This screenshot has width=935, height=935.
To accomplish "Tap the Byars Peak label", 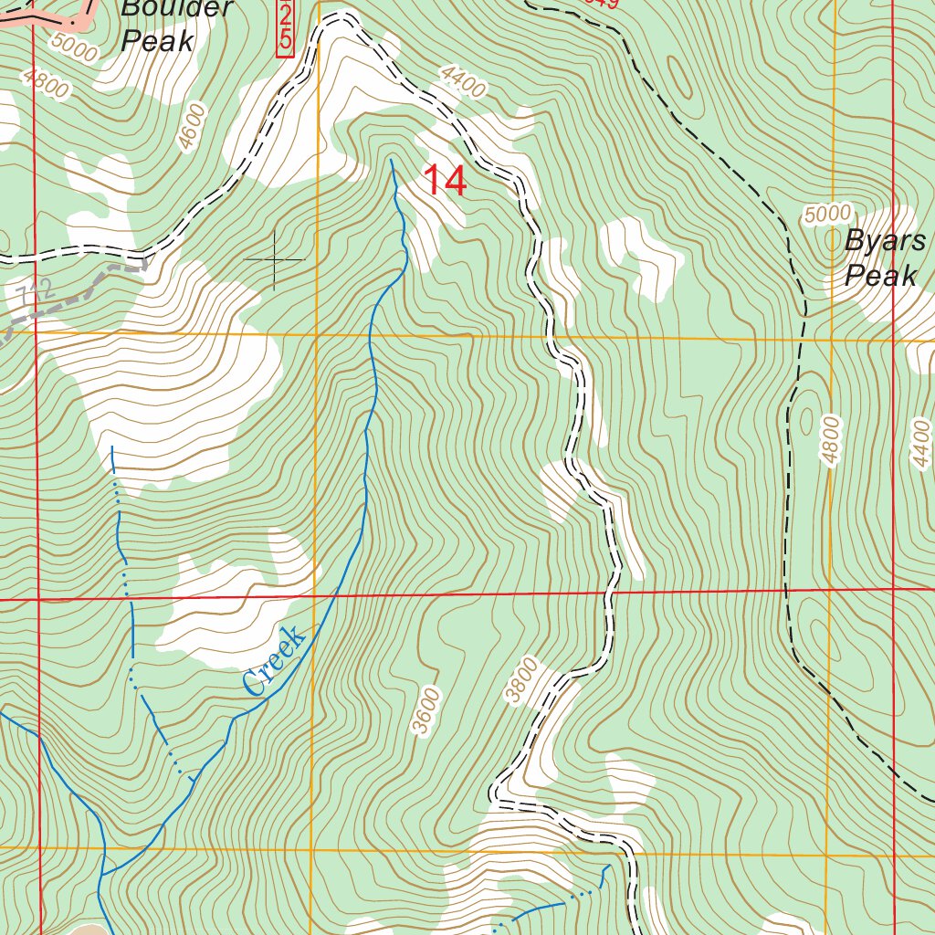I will tap(884, 258).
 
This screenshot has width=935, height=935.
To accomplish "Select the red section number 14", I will tap(445, 181).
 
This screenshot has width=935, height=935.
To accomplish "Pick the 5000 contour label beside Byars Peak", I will tap(827, 215).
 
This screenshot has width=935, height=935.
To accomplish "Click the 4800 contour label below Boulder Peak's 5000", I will tap(47, 87).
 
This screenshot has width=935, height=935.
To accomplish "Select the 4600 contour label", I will tap(193, 127).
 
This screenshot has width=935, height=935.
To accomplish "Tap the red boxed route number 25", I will tap(286, 27).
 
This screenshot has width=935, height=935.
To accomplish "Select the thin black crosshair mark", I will tap(274, 260).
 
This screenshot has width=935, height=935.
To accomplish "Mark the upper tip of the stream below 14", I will tap(392, 161).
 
